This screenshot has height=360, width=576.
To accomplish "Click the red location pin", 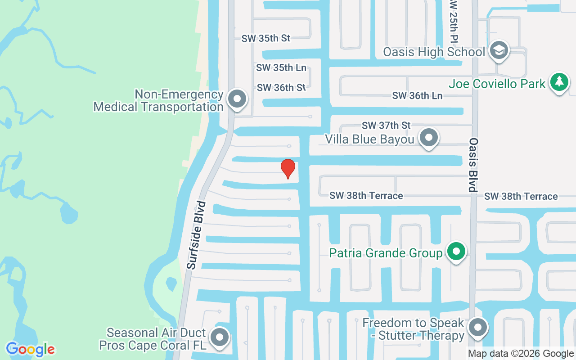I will [x=288, y=169].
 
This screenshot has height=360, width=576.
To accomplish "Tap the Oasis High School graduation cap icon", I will [x=499, y=50].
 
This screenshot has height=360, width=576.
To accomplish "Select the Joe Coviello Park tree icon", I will [x=559, y=82].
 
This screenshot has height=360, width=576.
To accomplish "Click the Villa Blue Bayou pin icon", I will [x=429, y=138].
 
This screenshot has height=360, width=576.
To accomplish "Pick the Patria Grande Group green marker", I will [x=457, y=252].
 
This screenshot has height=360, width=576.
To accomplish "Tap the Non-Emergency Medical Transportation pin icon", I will [x=237, y=99].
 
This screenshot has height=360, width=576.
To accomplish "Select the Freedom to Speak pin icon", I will [x=478, y=328].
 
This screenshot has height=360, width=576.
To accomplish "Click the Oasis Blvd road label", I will [x=473, y=165].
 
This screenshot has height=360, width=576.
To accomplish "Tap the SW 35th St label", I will [x=266, y=38].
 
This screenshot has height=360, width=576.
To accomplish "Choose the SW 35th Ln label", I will [x=281, y=68].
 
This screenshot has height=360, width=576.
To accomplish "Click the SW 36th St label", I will [x=281, y=88].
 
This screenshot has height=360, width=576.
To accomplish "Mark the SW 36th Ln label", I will [x=417, y=95].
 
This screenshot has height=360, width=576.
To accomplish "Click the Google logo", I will [x=30, y=349].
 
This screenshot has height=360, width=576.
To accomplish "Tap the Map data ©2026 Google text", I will [x=521, y=354].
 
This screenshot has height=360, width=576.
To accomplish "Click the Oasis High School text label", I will [x=434, y=52].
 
